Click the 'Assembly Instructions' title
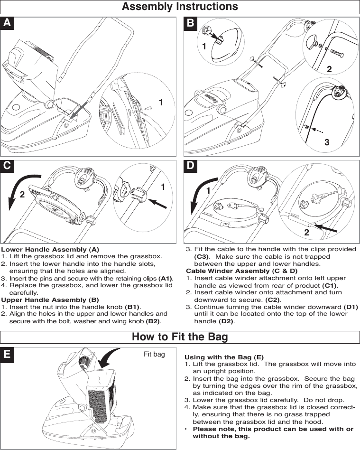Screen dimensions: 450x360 pyautogui.click(x=180, y=7)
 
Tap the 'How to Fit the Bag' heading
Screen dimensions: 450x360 pyautogui.click(x=180, y=337)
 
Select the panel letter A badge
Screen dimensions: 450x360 pyautogui.click(x=7, y=23)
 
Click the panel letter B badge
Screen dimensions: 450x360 pyautogui.click(x=190, y=23)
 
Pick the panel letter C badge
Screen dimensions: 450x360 pyautogui.click(x=7, y=166)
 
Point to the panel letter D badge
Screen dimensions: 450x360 pyautogui.click(x=190, y=166)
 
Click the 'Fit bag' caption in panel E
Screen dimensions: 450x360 pyautogui.click(x=154, y=354)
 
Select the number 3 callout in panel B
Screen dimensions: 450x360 pyautogui.click(x=326, y=142)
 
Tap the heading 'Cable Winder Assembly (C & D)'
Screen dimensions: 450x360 pyautogui.click(x=242, y=271)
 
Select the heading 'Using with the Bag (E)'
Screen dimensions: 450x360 pyautogui.click(x=224, y=357)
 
